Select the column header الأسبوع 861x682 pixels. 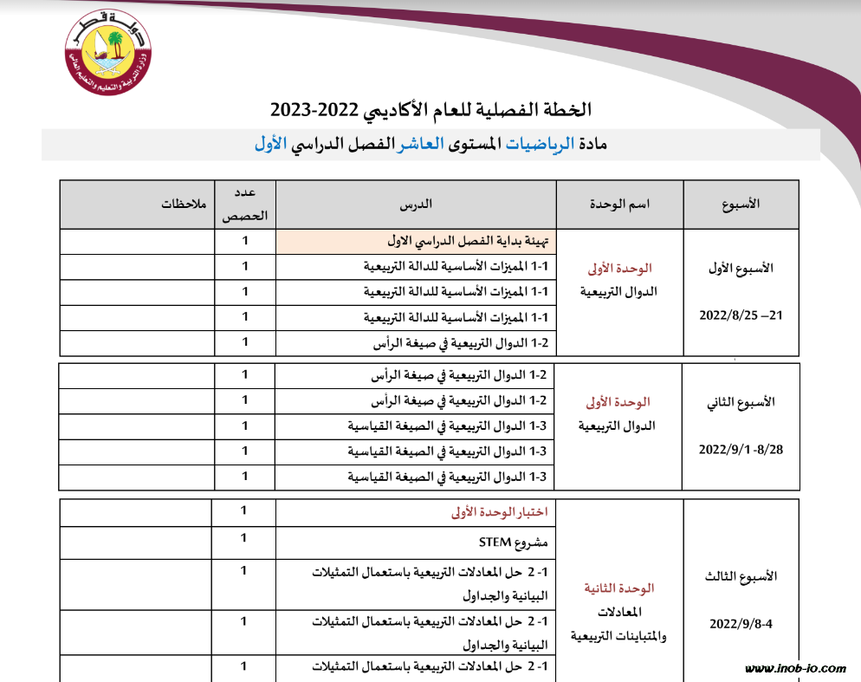[741, 205]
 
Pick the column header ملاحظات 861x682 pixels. [184, 205]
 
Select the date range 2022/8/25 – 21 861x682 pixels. [741, 315]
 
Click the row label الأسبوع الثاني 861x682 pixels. [741, 402]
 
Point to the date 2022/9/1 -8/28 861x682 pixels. [741, 450]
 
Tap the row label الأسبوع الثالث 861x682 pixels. [741, 576]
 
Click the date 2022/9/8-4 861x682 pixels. [741, 623]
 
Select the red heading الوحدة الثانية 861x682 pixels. [619, 588]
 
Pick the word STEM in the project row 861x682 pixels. [496, 543]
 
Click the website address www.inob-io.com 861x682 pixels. [795, 668]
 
